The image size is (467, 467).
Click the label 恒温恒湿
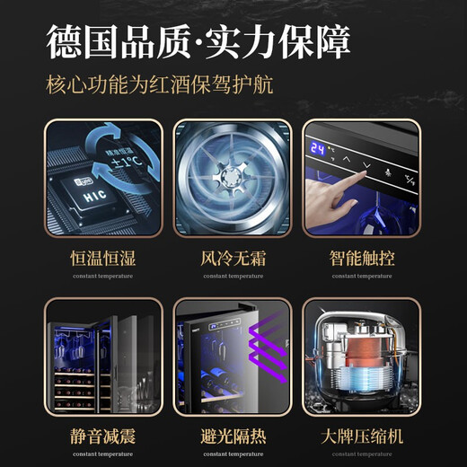103,259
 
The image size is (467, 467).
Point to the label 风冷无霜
233,259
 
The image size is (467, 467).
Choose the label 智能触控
362,259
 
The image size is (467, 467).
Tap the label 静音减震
103,437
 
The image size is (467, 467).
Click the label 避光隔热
233,437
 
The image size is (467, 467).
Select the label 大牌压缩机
362,437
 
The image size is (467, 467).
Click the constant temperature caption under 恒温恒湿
103,276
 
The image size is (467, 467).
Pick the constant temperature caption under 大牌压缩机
362,454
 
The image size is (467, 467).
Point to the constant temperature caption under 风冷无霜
233,276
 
